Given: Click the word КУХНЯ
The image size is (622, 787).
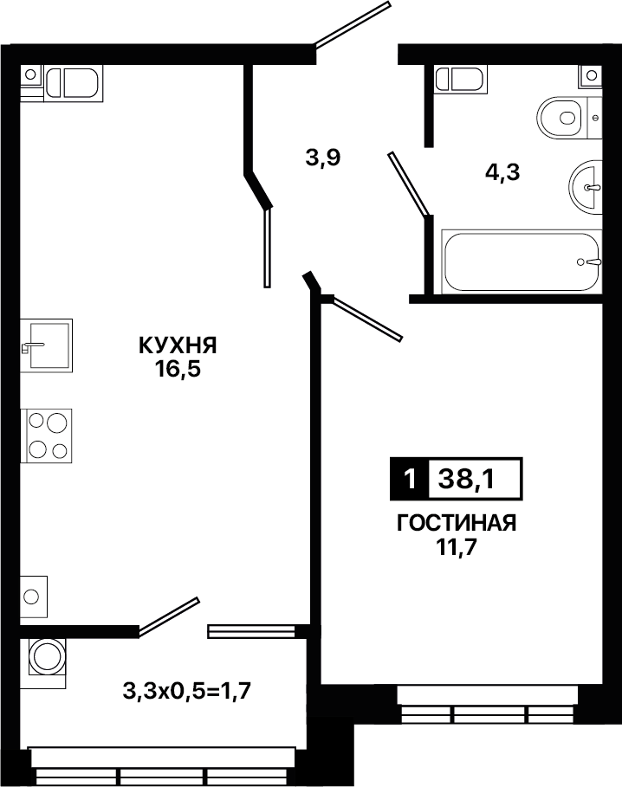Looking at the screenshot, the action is [x=178, y=345].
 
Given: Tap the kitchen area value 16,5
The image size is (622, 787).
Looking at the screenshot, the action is [x=178, y=370].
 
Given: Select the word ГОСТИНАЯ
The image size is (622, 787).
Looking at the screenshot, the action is [x=457, y=524].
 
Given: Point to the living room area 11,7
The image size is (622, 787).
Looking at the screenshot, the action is [x=456, y=547].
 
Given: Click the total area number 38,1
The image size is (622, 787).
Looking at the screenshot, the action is [x=466, y=480].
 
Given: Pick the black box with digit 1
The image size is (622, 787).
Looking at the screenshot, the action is [x=410, y=479].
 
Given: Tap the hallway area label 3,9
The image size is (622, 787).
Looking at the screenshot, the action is [x=323, y=158].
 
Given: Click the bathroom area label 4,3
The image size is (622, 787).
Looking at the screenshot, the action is [x=502, y=172].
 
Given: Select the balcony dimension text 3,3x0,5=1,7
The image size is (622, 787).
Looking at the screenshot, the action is [x=187, y=692].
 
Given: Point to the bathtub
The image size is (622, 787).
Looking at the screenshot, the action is [x=522, y=261].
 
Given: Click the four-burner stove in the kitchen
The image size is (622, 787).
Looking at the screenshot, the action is [x=46, y=435].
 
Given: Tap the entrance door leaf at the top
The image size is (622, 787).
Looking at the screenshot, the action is [x=353, y=24].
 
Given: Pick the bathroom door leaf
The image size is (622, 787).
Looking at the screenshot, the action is [x=409, y=184].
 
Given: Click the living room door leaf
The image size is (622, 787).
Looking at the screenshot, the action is [x=367, y=319].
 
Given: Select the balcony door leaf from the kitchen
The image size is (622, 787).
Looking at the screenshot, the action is [x=169, y=616].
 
